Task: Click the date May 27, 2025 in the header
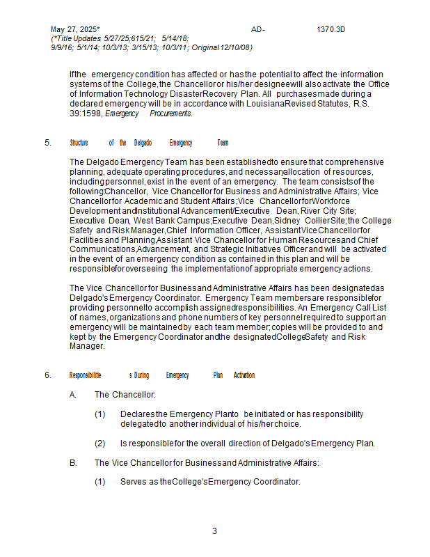point(74,29)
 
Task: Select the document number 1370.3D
point(331,29)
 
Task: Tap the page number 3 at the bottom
point(214,531)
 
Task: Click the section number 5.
point(48,143)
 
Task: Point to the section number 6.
point(48,375)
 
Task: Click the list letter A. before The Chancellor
point(73,395)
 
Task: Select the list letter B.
point(73,462)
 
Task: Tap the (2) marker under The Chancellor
point(100,443)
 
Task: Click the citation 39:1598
point(85,113)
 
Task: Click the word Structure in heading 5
point(79,143)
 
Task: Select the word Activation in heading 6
point(244,375)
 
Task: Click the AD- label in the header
point(258,29)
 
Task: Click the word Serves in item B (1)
point(134,481)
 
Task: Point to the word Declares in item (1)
point(137,414)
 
